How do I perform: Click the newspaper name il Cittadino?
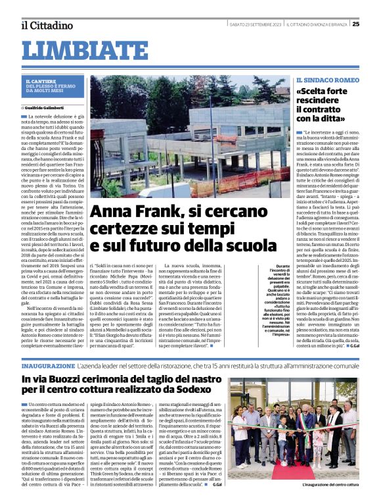point(46,25)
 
